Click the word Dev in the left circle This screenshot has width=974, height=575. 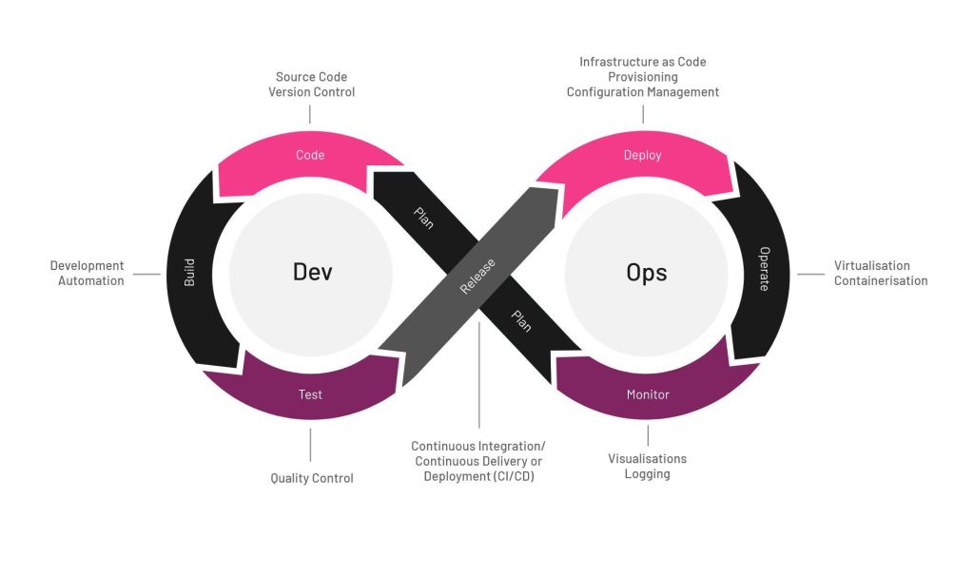[312, 272]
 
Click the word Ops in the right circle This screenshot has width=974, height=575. [646, 273]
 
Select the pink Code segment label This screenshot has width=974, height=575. [310, 155]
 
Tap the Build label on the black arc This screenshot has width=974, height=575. [189, 273]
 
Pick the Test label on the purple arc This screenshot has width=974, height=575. [311, 393]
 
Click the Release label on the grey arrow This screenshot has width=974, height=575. [478, 277]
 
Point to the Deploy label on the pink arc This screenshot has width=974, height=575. [642, 155]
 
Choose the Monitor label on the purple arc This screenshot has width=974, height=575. [648, 393]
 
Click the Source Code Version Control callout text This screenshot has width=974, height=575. [312, 85]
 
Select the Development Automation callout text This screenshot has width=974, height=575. [88, 274]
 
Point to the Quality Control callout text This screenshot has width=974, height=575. [312, 478]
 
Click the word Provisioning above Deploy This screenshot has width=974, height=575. [643, 77]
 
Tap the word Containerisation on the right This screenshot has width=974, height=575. [880, 280]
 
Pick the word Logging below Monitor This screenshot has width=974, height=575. [647, 473]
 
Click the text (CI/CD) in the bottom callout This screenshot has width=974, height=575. [513, 476]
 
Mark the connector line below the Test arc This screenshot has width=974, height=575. [310, 445]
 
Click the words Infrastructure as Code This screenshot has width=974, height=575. [643, 62]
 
